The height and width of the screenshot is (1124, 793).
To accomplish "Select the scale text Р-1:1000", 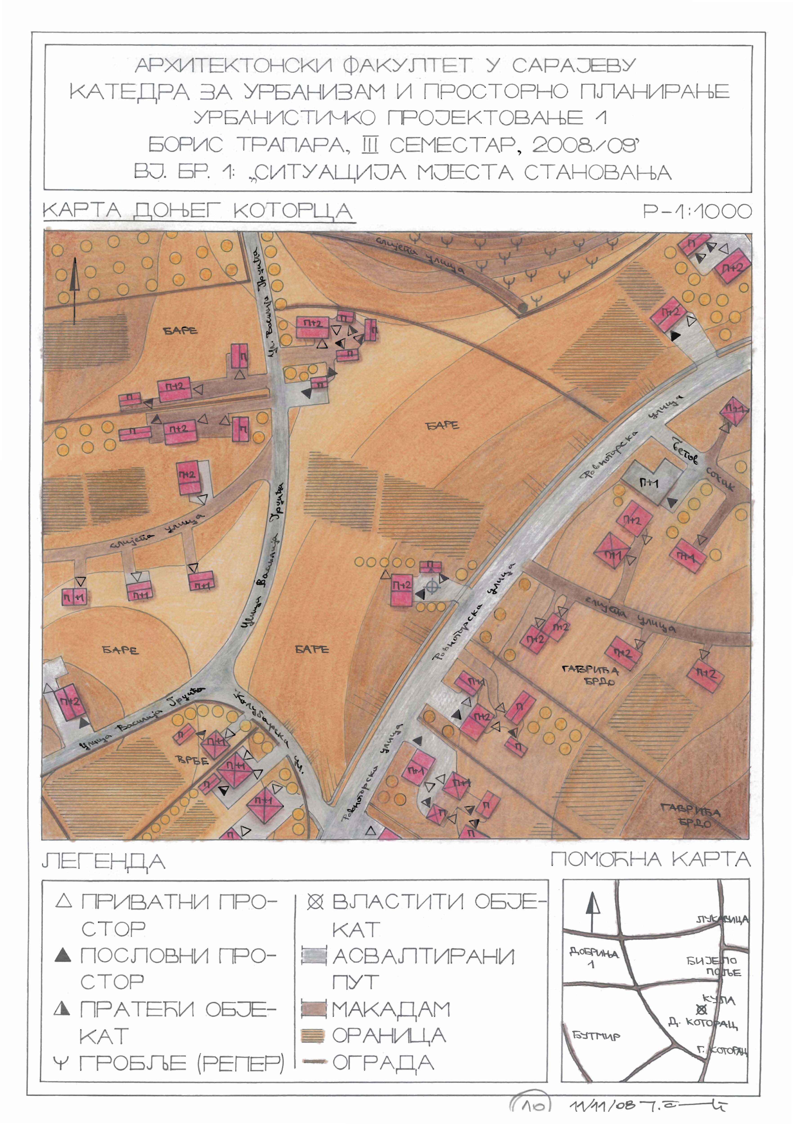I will coord(697,211).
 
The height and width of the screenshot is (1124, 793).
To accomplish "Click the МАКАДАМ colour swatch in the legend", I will coord(314,1009).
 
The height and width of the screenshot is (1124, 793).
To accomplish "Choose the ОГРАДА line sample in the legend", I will coord(314,1062).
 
